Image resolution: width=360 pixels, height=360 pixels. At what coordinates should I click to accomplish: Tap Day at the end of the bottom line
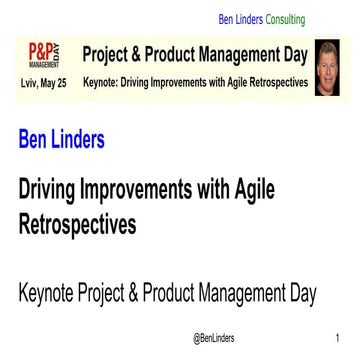click(x=301, y=267)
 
